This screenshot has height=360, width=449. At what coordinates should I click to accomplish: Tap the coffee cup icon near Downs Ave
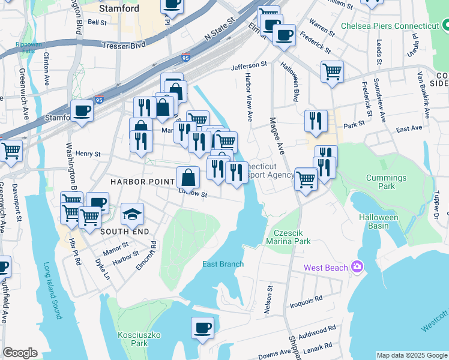202,328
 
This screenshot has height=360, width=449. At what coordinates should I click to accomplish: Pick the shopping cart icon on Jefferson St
332,72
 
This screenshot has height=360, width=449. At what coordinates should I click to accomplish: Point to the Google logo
20,353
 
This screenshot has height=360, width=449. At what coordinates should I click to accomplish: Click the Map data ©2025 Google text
411,355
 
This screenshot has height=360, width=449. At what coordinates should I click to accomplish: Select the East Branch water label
223,264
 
